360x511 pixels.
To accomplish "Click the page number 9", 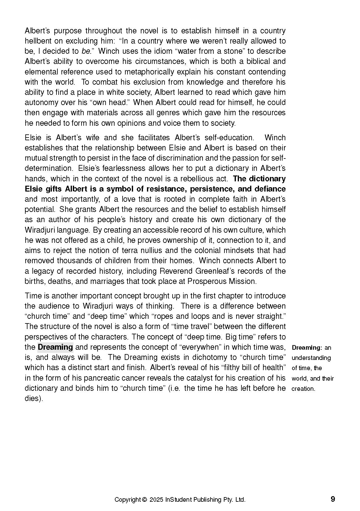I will coord(333,499).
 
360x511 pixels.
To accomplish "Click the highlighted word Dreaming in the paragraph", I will coord(55,347).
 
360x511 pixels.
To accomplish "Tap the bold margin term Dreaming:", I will coord(307,348).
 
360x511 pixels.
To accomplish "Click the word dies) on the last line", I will coord(33,398).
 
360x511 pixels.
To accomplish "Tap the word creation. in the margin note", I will coord(303,389).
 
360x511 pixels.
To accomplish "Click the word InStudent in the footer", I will coord(178,500).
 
